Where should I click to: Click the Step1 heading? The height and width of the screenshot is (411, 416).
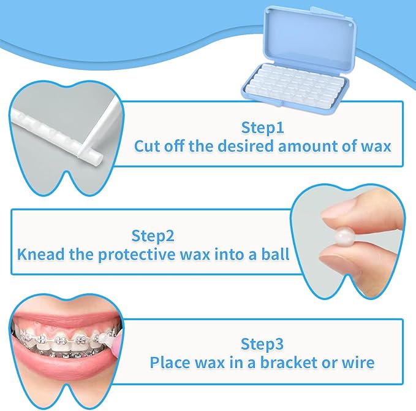[262, 128]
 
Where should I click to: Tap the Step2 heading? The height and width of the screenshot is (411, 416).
[153, 236]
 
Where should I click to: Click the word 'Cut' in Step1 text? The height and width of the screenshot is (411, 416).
[147, 147]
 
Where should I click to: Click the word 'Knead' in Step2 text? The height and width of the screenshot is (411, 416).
[39, 254]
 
